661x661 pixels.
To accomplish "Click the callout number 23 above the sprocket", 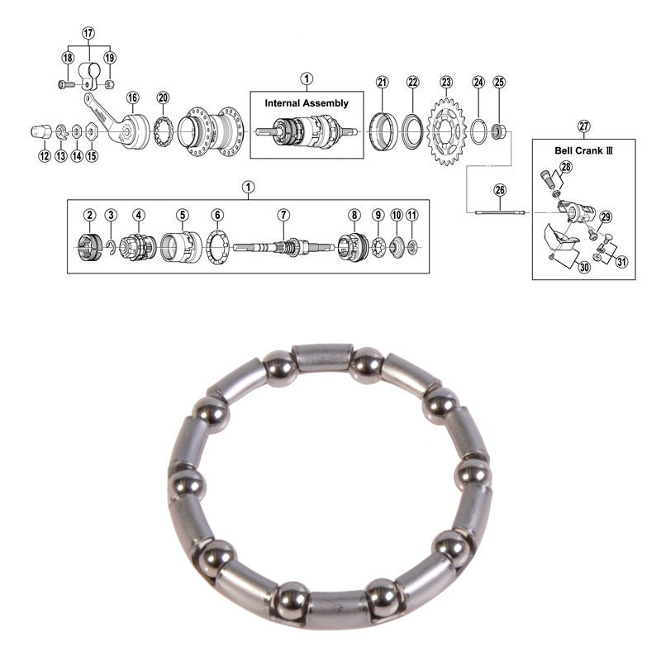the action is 446,82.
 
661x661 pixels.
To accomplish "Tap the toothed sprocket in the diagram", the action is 446,131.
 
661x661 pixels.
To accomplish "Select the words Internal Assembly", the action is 307,103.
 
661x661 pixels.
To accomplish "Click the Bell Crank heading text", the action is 583,150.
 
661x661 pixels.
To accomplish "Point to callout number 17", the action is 88,33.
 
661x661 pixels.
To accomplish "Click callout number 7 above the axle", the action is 283,215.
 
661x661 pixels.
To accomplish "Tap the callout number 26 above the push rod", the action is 500,190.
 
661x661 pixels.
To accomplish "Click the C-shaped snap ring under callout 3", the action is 111,247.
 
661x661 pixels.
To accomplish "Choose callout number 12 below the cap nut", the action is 45,156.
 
